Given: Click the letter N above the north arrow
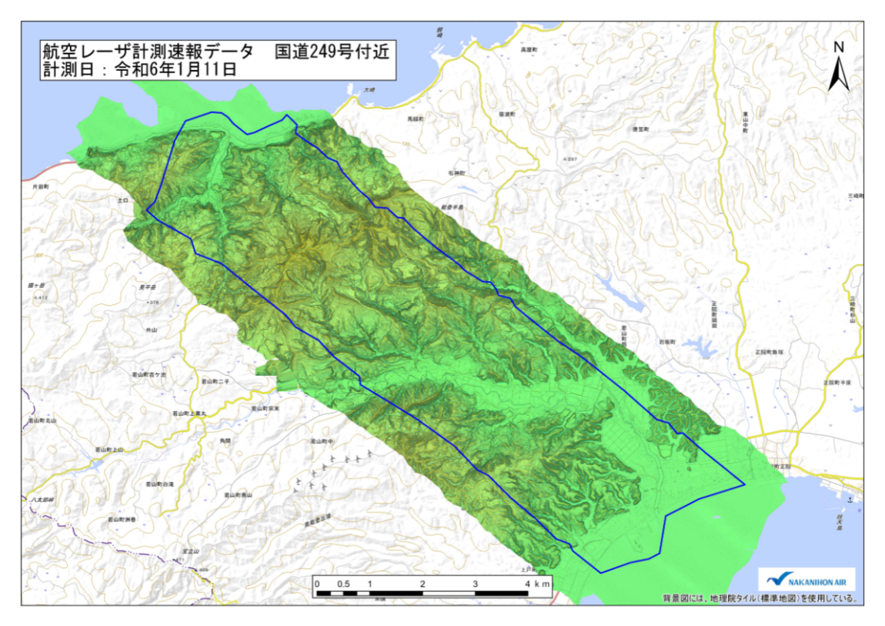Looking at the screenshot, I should (839, 47).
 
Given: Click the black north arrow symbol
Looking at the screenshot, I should (839, 73).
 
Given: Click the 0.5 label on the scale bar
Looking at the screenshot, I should (343, 584).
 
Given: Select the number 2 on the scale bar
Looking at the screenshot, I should (422, 584).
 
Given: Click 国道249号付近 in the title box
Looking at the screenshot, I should (336, 52).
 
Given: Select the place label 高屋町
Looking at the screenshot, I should (528, 49).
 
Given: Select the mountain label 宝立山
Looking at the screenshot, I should (192, 552).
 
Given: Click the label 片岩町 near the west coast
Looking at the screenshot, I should (40, 186).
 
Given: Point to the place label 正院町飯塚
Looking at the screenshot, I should (769, 351).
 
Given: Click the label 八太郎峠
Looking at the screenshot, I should (37, 500).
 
